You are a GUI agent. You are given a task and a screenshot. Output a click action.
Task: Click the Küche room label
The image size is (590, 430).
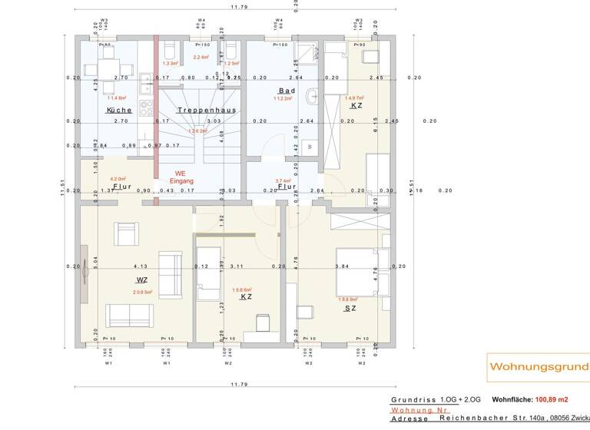[x=119, y=111]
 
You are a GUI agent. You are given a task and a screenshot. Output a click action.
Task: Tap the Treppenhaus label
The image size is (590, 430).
[x=206, y=111]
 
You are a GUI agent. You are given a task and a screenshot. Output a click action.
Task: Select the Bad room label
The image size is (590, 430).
[x=287, y=91]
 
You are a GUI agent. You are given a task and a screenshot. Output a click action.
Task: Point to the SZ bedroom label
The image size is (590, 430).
[x=350, y=308]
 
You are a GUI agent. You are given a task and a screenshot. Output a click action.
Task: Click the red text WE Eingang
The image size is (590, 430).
[x=181, y=177]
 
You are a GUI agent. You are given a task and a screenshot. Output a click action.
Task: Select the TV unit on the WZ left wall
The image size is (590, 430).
[x=84, y=266]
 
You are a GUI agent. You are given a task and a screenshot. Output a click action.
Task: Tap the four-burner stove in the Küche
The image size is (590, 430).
[x=145, y=81]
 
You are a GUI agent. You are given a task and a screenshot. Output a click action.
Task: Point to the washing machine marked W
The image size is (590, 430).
[x=310, y=146]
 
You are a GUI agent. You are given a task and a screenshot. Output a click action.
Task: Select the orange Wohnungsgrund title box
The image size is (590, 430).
[x=539, y=368]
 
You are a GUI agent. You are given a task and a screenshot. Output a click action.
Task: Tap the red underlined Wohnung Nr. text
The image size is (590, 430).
[x=419, y=410]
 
